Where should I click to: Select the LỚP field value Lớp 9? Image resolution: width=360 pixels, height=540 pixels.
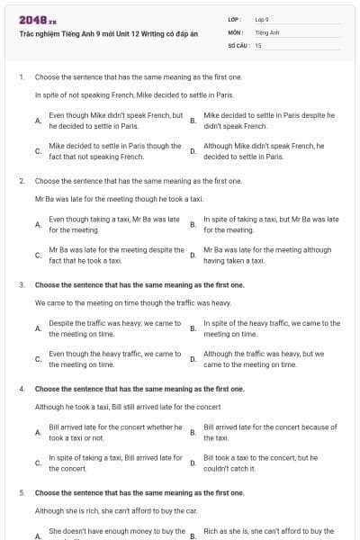(x=262, y=19)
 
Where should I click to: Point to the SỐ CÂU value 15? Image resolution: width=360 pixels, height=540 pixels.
(x=258, y=44)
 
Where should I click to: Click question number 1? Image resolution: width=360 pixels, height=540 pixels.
(x=21, y=77)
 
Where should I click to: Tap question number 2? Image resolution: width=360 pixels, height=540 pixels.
(x=21, y=181)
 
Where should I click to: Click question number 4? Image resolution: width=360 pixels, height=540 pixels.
(x=21, y=390)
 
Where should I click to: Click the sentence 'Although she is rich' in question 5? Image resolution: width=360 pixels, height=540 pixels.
(x=116, y=510)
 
